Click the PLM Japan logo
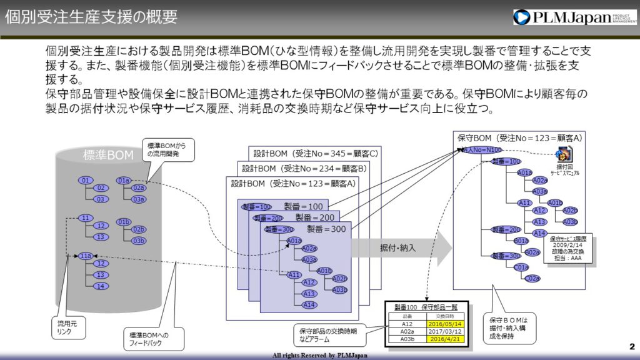pos(574,17)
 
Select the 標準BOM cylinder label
pos(108,156)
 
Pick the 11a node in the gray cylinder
pos(86,256)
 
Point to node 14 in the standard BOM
pos(100,286)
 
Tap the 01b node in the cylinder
pos(124,221)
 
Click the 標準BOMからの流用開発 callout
pos(164,149)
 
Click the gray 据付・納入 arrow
pos(400,248)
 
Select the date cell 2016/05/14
pos(446,324)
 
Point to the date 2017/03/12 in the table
pos(446,331)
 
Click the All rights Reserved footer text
pos(319,355)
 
